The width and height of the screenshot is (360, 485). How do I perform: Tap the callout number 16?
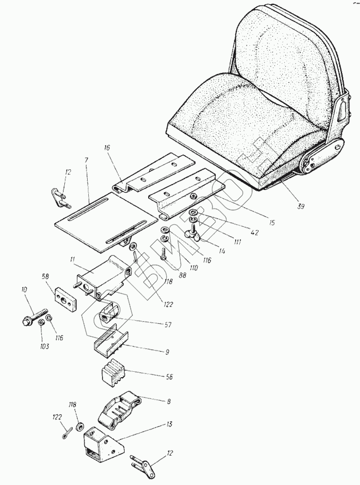107,148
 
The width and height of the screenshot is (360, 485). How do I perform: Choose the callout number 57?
168,325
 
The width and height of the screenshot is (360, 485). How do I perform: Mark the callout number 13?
170,423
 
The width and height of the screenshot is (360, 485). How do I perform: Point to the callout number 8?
168,401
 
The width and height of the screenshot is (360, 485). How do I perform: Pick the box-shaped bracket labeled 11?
107,277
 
